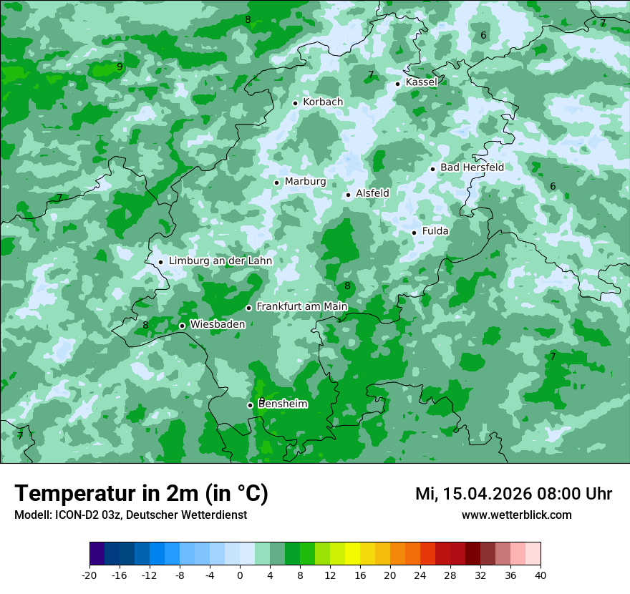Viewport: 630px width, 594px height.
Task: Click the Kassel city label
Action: point(421,82)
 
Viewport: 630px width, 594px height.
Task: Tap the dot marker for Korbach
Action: point(295,103)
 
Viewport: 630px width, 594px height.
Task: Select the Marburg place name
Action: point(305,182)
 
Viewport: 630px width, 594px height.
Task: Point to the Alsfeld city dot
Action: point(348,195)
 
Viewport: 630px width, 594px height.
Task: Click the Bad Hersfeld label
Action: point(472,167)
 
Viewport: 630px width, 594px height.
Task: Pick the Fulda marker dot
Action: point(414,233)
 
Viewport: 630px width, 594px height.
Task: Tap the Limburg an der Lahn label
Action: point(220,261)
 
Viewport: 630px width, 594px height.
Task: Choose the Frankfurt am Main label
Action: point(301,307)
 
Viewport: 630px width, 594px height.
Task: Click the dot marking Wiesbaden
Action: point(182,326)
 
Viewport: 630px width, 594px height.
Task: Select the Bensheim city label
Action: point(283,404)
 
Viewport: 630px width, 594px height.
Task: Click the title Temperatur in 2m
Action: point(141,494)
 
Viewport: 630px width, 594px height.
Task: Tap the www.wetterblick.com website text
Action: point(516,515)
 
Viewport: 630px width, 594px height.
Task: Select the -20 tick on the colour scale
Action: point(89,575)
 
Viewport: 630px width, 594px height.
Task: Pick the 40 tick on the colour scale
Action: point(541,575)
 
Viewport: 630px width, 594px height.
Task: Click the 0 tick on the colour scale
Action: point(240,575)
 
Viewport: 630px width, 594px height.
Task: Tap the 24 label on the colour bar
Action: point(420,575)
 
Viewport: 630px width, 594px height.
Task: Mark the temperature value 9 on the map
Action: point(120,67)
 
